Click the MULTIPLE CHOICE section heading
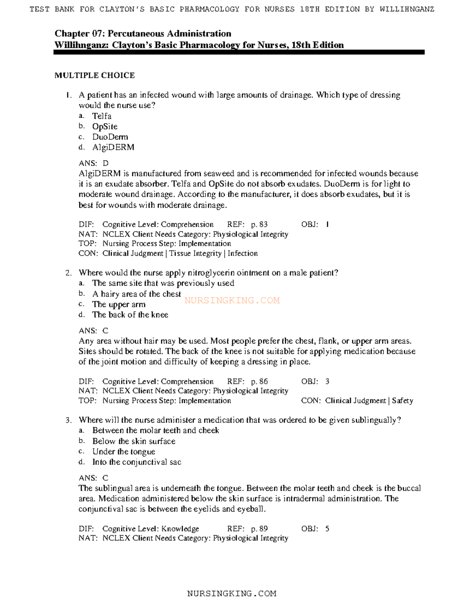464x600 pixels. [95, 75]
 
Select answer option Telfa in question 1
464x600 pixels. [102, 116]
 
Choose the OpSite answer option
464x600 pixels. [105, 126]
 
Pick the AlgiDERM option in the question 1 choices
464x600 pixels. [113, 147]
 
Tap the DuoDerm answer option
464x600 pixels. [110, 137]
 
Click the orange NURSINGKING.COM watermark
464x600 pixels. [232, 300]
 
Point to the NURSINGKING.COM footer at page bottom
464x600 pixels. [232, 593]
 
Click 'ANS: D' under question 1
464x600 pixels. [94, 163]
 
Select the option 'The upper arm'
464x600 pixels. [119, 304]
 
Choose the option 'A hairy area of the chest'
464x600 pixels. [136, 294]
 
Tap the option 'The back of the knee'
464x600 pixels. [130, 315]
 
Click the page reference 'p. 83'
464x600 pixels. [259, 224]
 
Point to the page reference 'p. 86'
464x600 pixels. [259, 381]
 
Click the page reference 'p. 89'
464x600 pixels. [259, 529]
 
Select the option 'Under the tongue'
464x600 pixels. [123, 452]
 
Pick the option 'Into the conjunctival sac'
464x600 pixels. [136, 462]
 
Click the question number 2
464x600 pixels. [68, 273]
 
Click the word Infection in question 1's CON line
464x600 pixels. [242, 253]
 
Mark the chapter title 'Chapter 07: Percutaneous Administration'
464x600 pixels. [143, 34]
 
